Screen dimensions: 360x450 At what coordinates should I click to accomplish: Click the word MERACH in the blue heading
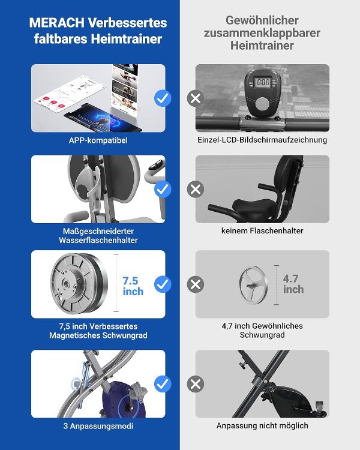tap(57, 23)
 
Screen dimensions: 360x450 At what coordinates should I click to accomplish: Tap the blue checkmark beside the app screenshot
tap(163, 98)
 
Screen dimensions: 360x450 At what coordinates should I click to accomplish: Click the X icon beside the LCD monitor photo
tap(196, 98)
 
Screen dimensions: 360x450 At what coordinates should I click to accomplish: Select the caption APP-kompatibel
tap(98, 140)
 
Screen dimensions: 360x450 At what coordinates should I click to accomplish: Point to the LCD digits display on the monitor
tap(263, 82)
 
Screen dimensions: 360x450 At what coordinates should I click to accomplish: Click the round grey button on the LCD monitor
tap(263, 104)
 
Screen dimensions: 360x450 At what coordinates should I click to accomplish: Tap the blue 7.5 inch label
tap(133, 286)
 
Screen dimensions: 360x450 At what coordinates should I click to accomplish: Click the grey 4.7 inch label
tap(293, 284)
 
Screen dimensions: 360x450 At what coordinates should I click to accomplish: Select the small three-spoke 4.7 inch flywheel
tap(253, 285)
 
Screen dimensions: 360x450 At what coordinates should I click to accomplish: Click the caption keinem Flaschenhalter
tap(262, 231)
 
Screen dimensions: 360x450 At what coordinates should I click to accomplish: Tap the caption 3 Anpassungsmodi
tap(98, 426)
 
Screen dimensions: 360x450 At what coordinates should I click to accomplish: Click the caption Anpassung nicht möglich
tap(262, 425)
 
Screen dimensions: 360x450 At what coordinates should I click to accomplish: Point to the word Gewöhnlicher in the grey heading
tap(262, 20)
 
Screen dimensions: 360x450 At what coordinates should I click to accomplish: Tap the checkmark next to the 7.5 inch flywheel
tap(163, 284)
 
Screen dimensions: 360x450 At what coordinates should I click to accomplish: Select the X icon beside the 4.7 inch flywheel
tap(196, 284)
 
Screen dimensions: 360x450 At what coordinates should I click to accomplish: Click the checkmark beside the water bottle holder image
tap(163, 190)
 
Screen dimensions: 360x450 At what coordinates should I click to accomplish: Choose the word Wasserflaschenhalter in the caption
tap(98, 240)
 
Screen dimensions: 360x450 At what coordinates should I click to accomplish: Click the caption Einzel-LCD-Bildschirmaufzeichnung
tap(262, 140)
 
